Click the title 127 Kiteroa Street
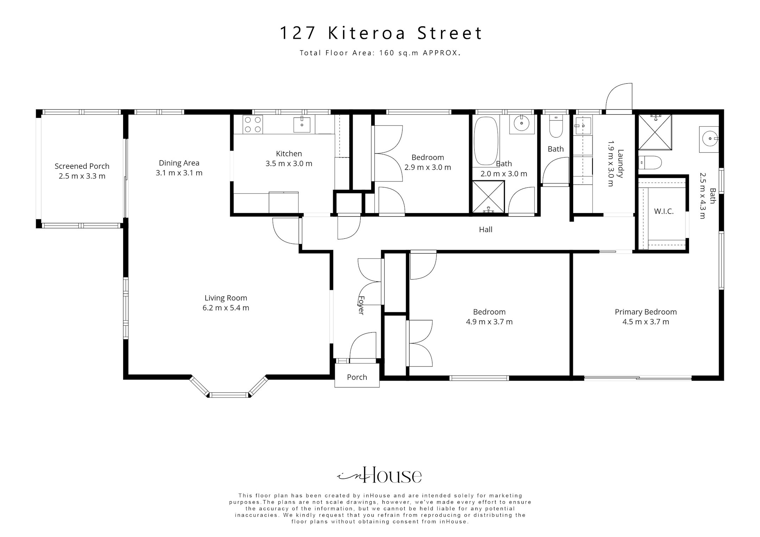pos(381,33)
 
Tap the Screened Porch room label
pos(82,166)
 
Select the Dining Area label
pos(179,163)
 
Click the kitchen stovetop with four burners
pos(253,124)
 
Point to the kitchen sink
pos(302,124)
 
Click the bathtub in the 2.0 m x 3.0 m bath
pos(487,141)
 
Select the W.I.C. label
pos(664,211)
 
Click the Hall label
pos(486,230)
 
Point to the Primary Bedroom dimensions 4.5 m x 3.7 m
pos(646,322)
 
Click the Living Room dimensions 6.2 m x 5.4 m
pos(226,308)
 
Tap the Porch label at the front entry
pos(357,377)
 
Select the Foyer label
pos(361,305)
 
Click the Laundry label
pos(620,164)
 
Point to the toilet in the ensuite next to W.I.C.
pos(650,162)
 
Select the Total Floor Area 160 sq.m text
pos(380,53)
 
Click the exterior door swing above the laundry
pos(619,97)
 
